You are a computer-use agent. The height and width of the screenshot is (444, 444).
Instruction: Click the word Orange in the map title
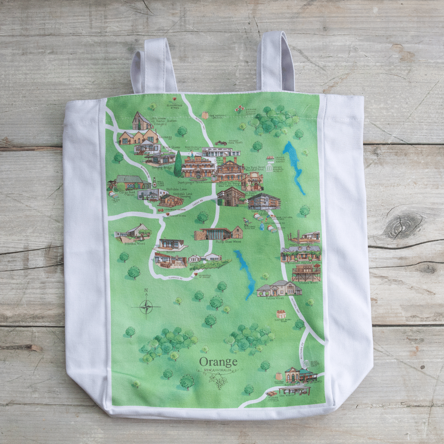(x=218, y=361)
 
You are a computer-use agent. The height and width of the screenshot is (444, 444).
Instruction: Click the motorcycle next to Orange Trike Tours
(x=221, y=143)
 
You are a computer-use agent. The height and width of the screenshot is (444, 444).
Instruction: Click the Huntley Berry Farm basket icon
(x=281, y=315)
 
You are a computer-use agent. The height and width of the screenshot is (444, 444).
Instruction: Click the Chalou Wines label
(x=308, y=283)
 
